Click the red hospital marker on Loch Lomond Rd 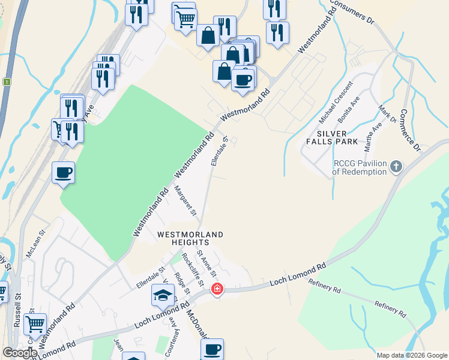217,289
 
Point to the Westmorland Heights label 190,238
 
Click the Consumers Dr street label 352,14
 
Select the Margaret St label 185,200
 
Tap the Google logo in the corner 20,353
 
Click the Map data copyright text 411,355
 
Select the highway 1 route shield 7,82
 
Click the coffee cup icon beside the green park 63,173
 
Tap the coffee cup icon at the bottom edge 211,349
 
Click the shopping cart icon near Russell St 35,325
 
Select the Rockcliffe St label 193,272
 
